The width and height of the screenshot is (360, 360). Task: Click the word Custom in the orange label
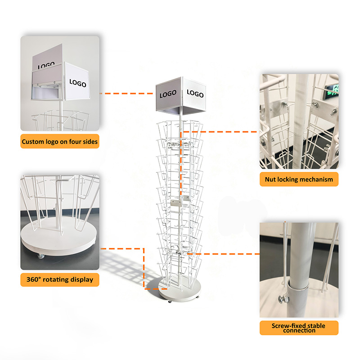pos(33,142)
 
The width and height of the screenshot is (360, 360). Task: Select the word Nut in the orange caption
pos(270,180)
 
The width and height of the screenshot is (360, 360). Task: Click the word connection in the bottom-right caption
pos(299,331)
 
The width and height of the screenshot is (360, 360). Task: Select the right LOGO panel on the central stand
pos(195,94)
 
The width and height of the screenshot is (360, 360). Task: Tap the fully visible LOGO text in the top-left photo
pos(78,83)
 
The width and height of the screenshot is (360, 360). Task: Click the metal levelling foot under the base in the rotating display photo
pos(39,256)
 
